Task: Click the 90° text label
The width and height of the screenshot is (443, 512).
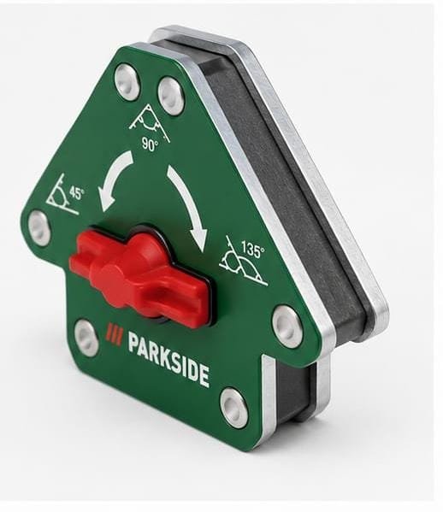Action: (x=150, y=144)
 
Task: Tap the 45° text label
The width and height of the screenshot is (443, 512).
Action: (x=76, y=194)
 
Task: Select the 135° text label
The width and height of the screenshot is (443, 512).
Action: (x=252, y=250)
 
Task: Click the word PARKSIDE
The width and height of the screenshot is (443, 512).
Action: (x=168, y=358)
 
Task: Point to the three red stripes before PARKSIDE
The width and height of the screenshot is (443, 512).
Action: (x=115, y=336)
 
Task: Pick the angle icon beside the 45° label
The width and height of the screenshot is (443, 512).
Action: (x=62, y=195)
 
